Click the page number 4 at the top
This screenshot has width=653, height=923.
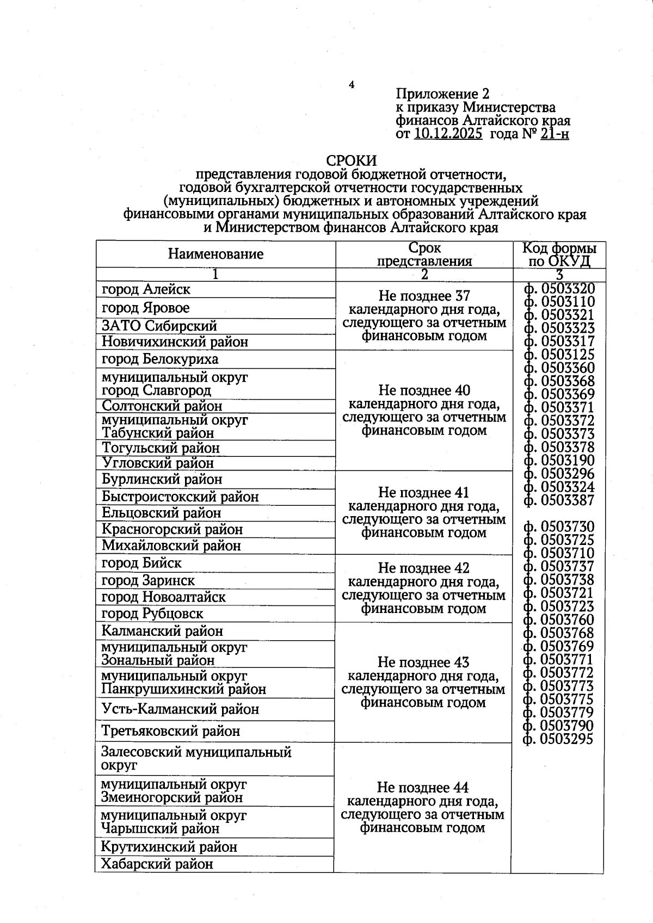352,85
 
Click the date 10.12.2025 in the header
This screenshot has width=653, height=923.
448,134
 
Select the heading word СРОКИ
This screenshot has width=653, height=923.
352,161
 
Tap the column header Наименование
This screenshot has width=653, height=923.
215,254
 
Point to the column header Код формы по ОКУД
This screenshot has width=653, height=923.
559,255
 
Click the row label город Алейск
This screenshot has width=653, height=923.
146,289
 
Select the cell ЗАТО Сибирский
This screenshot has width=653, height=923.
159,326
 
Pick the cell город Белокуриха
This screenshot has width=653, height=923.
160,360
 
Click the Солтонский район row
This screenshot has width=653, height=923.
162,406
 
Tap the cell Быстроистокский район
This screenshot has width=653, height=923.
180,497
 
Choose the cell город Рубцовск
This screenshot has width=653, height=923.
152,614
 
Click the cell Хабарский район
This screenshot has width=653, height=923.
157,864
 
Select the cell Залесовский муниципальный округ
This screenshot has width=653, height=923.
196,758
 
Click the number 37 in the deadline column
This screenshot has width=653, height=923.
462,296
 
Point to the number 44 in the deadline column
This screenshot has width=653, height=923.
461,788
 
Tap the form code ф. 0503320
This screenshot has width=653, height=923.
559,289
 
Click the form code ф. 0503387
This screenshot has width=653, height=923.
559,500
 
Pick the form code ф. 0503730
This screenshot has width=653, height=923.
559,526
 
